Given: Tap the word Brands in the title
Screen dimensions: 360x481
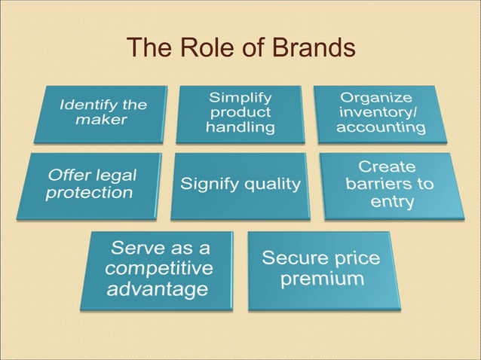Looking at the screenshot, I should click(x=305, y=49).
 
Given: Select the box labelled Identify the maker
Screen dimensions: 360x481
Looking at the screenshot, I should click(x=100, y=113).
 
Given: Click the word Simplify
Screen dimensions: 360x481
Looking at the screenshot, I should click(x=240, y=97).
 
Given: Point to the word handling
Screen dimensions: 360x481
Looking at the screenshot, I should click(x=240, y=127).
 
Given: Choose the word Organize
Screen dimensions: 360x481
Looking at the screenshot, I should click(x=376, y=97).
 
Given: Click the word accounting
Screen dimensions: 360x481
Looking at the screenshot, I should click(x=381, y=127).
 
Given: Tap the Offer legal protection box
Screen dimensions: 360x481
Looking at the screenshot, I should click(x=89, y=186).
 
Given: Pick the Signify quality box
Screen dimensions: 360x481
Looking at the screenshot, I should click(x=239, y=185).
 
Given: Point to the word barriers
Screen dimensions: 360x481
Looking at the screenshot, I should click(x=390, y=184).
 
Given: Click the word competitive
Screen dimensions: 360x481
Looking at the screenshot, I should click(x=159, y=269).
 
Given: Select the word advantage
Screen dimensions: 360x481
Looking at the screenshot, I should click(x=157, y=288).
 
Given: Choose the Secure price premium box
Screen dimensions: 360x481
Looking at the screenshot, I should click(x=323, y=270).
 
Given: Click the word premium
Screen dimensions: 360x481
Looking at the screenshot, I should click(x=322, y=279).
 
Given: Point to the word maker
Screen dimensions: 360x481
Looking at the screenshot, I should click(x=102, y=120).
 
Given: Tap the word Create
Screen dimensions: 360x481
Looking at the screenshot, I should click(x=386, y=166).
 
